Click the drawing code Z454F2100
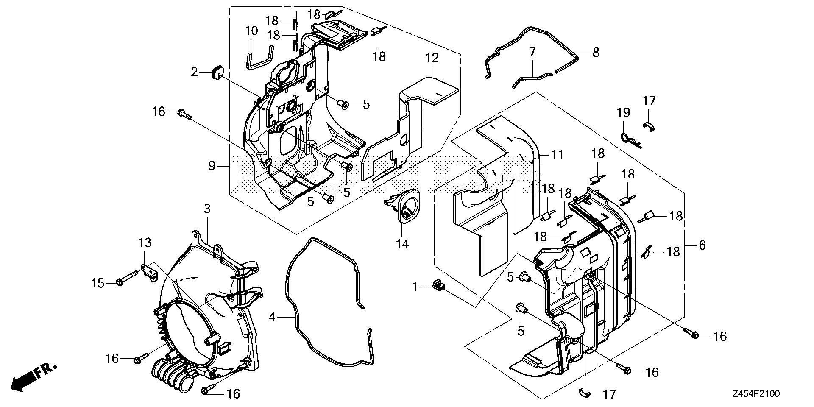755,394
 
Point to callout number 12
432,58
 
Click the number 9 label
212,166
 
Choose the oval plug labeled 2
217,73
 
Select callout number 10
251,31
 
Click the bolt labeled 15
125,281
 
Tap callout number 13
145,243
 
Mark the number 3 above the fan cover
207,209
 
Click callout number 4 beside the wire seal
272,317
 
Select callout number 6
702,245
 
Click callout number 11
557,155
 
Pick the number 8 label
596,53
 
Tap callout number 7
532,53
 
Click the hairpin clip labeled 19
628,139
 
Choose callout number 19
623,113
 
